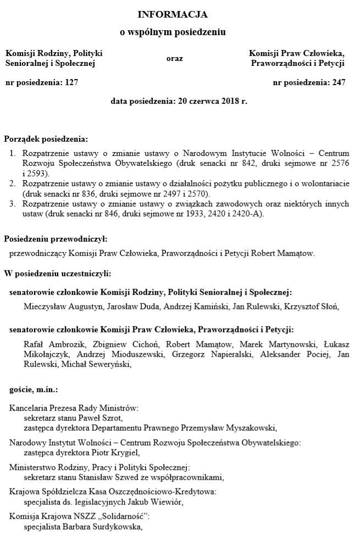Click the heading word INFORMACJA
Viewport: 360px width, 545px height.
173,14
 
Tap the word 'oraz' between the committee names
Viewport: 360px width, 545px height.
174,58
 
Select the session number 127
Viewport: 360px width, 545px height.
71,83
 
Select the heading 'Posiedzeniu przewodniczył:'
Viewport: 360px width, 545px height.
55,239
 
